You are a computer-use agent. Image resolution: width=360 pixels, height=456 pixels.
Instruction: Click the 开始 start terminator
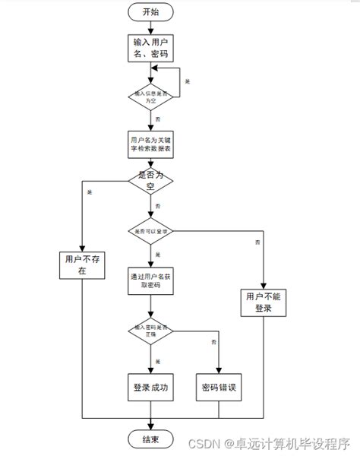point(150,12)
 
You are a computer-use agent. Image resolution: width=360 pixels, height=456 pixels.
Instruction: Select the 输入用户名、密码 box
point(150,48)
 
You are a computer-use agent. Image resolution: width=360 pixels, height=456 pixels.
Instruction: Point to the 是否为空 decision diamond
point(150,180)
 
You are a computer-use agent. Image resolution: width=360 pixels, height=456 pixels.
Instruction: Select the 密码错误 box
point(219,388)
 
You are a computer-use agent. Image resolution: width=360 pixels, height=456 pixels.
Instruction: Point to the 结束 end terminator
point(150,439)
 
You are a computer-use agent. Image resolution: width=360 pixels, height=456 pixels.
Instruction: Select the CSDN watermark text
point(269,442)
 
